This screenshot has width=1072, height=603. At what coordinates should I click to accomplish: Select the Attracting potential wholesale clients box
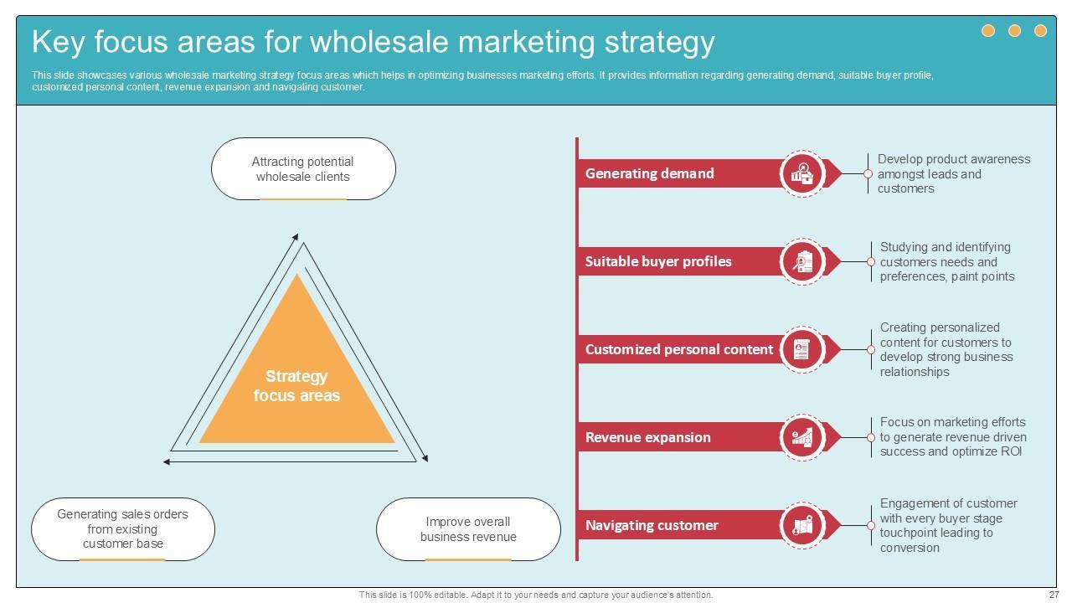click(303, 169)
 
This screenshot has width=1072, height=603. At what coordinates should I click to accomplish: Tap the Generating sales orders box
click(123, 529)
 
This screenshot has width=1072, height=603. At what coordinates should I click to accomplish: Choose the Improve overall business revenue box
click(468, 529)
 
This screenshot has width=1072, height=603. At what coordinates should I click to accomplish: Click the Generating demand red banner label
click(650, 173)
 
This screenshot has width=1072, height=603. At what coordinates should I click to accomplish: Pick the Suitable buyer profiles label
click(658, 261)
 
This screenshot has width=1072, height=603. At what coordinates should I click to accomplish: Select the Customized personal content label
click(679, 349)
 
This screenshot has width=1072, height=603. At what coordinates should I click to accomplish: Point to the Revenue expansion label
click(648, 437)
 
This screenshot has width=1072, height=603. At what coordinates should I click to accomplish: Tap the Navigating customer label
click(652, 525)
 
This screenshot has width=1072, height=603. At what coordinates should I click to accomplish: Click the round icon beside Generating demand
click(802, 173)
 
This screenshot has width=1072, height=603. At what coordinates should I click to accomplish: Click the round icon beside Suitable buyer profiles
click(802, 261)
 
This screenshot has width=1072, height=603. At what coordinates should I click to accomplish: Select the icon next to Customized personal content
click(802, 349)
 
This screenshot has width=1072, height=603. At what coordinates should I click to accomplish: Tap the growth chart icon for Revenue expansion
click(802, 437)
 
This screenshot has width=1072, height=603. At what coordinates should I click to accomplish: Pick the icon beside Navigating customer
click(802, 525)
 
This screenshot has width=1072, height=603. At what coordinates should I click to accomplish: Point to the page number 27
click(1054, 595)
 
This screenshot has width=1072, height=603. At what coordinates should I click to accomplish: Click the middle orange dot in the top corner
click(1014, 31)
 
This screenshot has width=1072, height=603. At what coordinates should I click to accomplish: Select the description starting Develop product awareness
click(954, 174)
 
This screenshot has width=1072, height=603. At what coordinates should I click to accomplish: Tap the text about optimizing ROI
click(952, 437)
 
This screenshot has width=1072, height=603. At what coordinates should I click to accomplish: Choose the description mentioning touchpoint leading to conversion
click(948, 525)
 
